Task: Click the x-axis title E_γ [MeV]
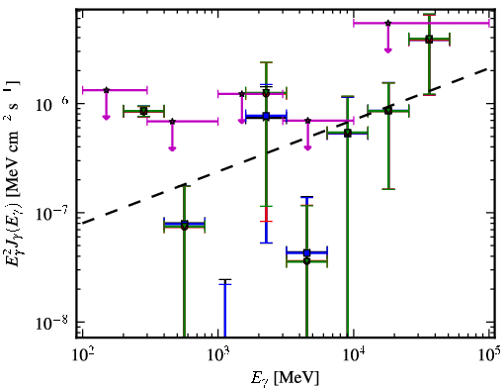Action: coord(285,378)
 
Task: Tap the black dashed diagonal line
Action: coord(286,146)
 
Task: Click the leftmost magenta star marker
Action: coord(106,90)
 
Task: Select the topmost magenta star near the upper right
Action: coord(388,23)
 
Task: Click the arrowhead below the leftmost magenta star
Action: coord(106,117)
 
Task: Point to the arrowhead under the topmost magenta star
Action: coord(388,50)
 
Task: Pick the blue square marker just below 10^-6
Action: coord(266,116)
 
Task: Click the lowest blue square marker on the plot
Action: coord(307,253)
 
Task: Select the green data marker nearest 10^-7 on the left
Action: coord(185,226)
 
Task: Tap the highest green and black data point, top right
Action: coord(429,40)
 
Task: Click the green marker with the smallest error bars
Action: coord(143,111)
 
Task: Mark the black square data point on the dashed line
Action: coord(348,134)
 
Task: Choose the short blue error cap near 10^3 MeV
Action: coord(225,284)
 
